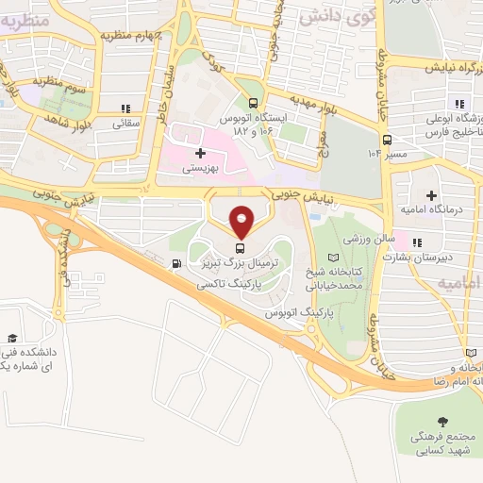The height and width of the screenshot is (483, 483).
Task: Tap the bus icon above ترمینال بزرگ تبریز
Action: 241,248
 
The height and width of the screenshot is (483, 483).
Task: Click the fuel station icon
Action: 175,263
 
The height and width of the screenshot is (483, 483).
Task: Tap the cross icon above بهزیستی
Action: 199,152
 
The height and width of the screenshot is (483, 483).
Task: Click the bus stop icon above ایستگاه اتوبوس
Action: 252,105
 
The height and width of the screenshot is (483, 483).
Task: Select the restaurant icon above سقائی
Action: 126,108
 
